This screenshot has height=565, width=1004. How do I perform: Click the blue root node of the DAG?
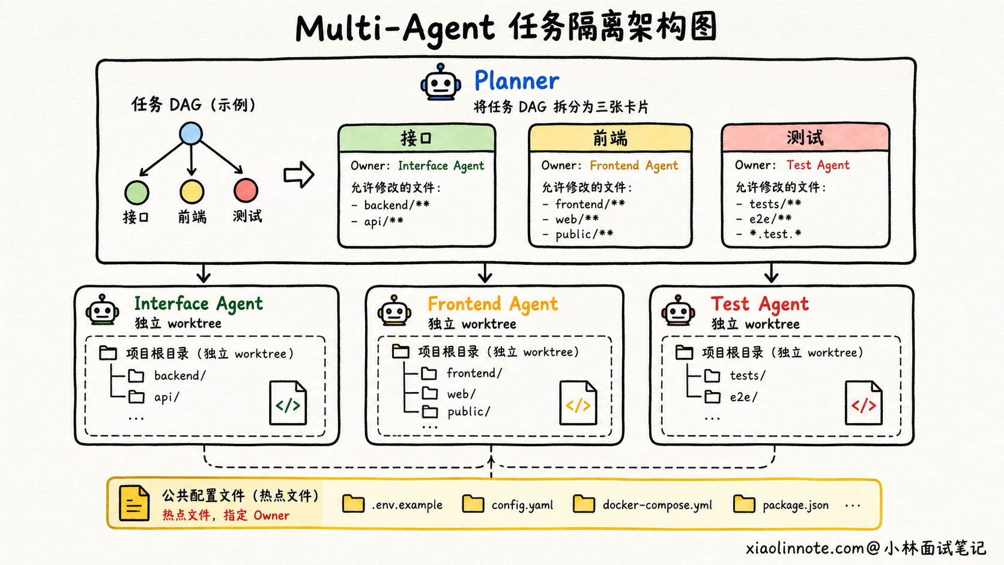[x=191, y=133]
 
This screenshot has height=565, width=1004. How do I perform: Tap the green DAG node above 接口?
[x=137, y=192]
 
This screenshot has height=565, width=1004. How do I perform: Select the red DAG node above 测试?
[x=246, y=190]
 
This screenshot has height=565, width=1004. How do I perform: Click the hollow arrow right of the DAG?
[x=298, y=174]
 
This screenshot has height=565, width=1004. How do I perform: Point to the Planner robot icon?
[x=441, y=82]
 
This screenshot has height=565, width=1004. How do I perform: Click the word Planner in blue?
[x=516, y=80]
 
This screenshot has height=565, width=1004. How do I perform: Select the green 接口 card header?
[x=417, y=138]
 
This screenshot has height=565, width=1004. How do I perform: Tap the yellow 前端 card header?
[x=611, y=138]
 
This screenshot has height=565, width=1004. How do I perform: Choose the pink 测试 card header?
[x=805, y=137]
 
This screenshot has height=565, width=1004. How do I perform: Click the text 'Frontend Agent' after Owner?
[x=634, y=166]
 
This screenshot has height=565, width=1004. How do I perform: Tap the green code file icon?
[x=288, y=403]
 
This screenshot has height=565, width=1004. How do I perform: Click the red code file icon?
[x=863, y=403]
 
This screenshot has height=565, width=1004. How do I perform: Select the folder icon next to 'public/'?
[x=430, y=411]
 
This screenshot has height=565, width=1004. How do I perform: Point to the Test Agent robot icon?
[x=679, y=310]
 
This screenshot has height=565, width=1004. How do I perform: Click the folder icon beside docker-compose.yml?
[x=584, y=504]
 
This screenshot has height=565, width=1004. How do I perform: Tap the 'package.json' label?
[x=796, y=506]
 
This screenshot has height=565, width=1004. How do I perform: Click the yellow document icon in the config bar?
[x=134, y=503]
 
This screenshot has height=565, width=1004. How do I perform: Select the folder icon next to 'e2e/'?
[x=712, y=396]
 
